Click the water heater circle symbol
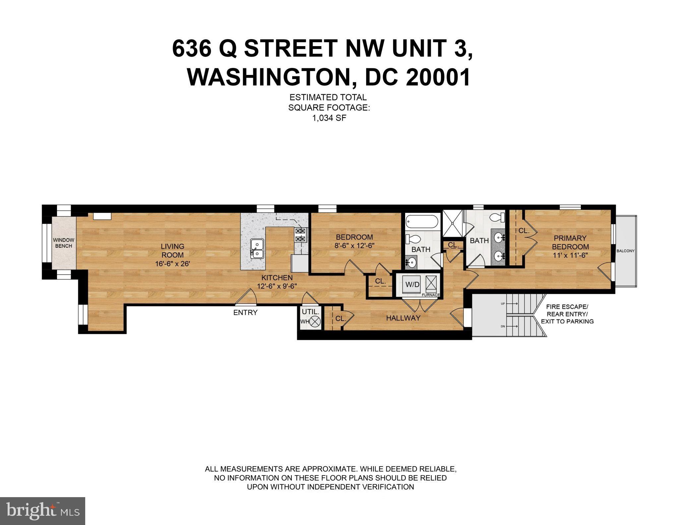click(316, 321)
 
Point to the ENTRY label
click(245, 312)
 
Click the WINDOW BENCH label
click(63, 243)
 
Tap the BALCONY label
click(625, 251)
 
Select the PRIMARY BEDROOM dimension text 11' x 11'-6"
click(570, 255)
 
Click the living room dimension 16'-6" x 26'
click(172, 264)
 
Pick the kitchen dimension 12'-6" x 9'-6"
click(277, 286)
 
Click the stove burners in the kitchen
click(300, 235)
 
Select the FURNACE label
click(431, 295)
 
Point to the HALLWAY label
click(403, 318)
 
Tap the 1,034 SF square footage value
click(329, 118)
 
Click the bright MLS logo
click(42, 511)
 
